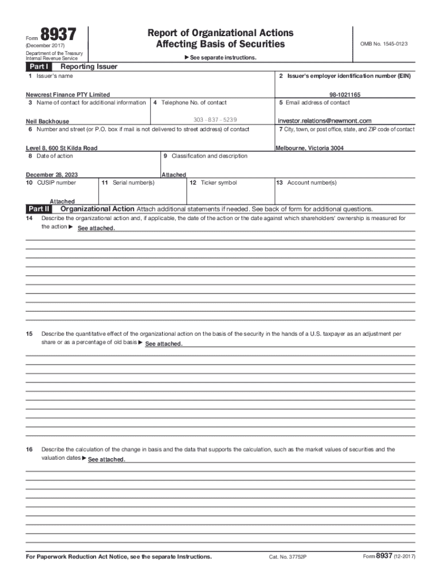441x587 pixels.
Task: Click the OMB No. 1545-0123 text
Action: point(384,44)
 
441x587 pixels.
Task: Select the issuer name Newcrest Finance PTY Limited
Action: point(68,95)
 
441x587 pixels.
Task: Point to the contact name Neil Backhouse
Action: point(47,122)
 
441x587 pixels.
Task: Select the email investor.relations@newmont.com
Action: point(325,121)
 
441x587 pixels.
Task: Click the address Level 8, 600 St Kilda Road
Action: point(62,148)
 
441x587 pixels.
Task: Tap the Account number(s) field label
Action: point(306,183)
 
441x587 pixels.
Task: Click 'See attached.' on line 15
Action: point(164,344)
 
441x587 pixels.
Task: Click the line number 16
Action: point(29,449)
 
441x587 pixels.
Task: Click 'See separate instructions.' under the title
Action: point(220,58)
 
